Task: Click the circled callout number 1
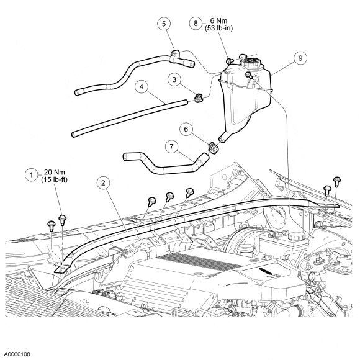(x=32, y=175)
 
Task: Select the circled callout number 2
(x=103, y=183)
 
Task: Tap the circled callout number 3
(x=174, y=79)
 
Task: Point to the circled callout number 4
(x=141, y=87)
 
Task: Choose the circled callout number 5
(x=164, y=24)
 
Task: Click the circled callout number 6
(x=186, y=129)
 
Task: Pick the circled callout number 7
(x=172, y=146)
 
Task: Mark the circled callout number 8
(x=196, y=24)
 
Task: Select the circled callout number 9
(x=300, y=58)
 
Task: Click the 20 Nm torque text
(x=55, y=172)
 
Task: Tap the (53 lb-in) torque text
(x=218, y=28)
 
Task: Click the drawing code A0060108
(x=17, y=354)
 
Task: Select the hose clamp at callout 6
(x=214, y=148)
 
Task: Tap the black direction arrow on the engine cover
(x=266, y=271)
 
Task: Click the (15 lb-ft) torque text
(x=55, y=179)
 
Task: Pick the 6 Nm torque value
(x=218, y=20)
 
